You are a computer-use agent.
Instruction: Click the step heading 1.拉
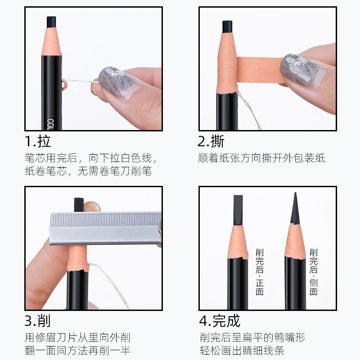click(x=38, y=141)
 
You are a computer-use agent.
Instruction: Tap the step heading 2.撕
click(x=211, y=141)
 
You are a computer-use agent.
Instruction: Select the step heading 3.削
click(x=38, y=321)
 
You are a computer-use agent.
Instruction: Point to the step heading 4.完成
click(x=220, y=321)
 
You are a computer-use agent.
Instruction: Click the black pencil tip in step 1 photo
click(x=51, y=22)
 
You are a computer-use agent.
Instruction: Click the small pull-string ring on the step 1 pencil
click(x=64, y=84)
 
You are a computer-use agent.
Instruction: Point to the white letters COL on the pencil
click(x=50, y=124)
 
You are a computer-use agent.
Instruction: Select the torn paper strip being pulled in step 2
click(x=260, y=70)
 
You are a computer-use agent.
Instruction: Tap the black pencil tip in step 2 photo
click(x=227, y=27)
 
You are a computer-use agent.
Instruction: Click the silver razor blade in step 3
click(x=105, y=228)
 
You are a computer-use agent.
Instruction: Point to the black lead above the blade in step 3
click(x=78, y=204)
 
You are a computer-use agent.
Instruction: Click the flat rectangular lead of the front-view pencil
click(x=238, y=210)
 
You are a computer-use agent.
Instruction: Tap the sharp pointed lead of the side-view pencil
click(x=295, y=208)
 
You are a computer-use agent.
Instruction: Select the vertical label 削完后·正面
click(x=260, y=272)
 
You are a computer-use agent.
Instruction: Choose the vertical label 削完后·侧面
click(x=313, y=272)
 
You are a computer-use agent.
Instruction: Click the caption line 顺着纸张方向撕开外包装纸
click(x=261, y=158)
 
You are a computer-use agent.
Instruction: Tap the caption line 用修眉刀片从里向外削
click(x=77, y=337)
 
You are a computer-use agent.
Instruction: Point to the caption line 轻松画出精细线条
click(x=242, y=351)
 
